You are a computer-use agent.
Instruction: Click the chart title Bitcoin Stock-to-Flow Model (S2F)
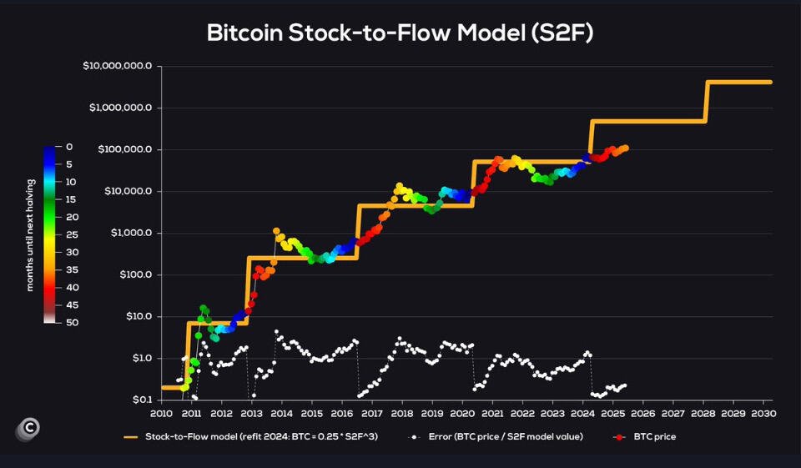coord(400,33)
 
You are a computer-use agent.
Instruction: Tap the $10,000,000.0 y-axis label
coord(118,66)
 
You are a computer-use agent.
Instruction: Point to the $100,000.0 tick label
coord(124,149)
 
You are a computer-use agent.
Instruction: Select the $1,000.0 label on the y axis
coord(131,233)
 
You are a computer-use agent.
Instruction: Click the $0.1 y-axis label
coord(143,400)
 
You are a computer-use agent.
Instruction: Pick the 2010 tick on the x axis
coord(161,413)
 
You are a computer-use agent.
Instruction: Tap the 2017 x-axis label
coord(372,413)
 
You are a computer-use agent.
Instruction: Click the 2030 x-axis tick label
coord(763,413)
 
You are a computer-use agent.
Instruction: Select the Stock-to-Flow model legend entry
coord(251,437)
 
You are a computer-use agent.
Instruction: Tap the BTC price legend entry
coord(644,437)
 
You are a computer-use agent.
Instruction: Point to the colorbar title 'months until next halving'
coord(30,235)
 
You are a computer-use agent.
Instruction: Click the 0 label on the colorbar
coord(69,147)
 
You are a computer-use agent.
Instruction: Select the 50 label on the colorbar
coord(72,322)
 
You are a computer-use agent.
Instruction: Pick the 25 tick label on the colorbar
coord(72,234)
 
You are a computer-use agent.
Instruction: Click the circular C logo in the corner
coord(28,429)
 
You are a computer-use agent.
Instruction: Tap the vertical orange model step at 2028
coord(707,101)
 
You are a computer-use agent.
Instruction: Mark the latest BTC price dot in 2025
coord(626,148)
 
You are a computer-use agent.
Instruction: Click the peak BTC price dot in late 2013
coord(276,231)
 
